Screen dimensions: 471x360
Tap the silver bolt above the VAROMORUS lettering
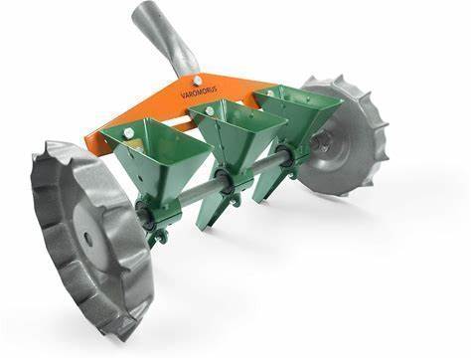[x=198, y=80]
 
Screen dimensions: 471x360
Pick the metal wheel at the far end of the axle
[x=345, y=136]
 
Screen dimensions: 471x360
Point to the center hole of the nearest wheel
[x=88, y=238]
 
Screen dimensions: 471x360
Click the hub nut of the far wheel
[x=319, y=142]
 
